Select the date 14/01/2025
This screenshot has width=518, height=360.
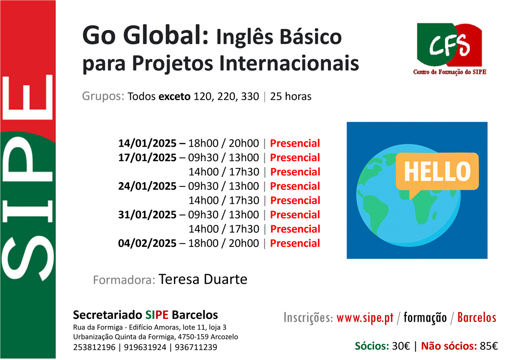tap(147, 143)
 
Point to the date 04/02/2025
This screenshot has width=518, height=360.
tap(147, 243)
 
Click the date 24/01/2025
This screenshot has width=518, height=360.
tap(147, 186)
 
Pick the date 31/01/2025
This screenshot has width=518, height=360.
tap(147, 215)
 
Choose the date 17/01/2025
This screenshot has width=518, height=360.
tap(147, 158)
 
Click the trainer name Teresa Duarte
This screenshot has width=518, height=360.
tap(203, 279)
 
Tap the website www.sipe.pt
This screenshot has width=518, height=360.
tap(365, 318)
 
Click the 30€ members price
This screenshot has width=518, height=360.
tap(401, 346)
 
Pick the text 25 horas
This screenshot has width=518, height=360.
tap(291, 96)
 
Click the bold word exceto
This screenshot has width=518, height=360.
tap(174, 97)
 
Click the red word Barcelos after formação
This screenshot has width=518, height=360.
tap(477, 318)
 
